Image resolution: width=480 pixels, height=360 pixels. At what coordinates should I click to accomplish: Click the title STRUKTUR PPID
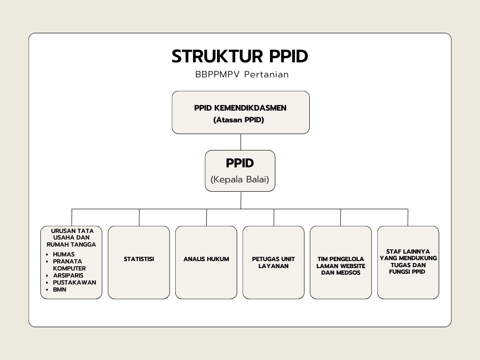240,56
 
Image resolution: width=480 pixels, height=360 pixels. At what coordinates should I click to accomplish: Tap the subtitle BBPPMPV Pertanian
242,75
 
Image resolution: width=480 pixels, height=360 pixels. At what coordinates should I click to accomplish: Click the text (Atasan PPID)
239,120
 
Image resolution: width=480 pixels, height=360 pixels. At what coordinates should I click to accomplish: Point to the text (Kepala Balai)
240,179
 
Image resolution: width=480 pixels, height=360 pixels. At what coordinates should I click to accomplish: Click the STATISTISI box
139,262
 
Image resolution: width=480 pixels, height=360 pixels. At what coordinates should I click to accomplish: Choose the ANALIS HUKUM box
206,262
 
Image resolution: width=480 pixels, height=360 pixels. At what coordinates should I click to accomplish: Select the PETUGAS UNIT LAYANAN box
273,262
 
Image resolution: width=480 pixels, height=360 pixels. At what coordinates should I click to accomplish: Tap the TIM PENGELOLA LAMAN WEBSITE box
341,262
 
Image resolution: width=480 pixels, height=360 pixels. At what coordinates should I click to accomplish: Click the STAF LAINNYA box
408,262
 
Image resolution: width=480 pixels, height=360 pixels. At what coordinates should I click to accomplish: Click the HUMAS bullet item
64,255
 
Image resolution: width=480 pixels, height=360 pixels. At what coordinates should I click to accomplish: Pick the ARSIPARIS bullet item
68,276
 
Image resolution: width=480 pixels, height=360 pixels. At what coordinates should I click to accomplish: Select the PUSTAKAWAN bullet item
75,283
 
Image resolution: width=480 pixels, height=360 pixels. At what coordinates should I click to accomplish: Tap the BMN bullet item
60,290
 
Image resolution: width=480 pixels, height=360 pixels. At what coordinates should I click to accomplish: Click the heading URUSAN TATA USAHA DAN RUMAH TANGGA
72,238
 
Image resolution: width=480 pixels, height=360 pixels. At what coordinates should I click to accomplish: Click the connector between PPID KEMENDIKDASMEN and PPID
240,142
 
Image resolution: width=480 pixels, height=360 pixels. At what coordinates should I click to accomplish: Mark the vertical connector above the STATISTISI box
139,217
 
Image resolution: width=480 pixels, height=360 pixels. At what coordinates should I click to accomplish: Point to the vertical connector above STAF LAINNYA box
408,217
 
